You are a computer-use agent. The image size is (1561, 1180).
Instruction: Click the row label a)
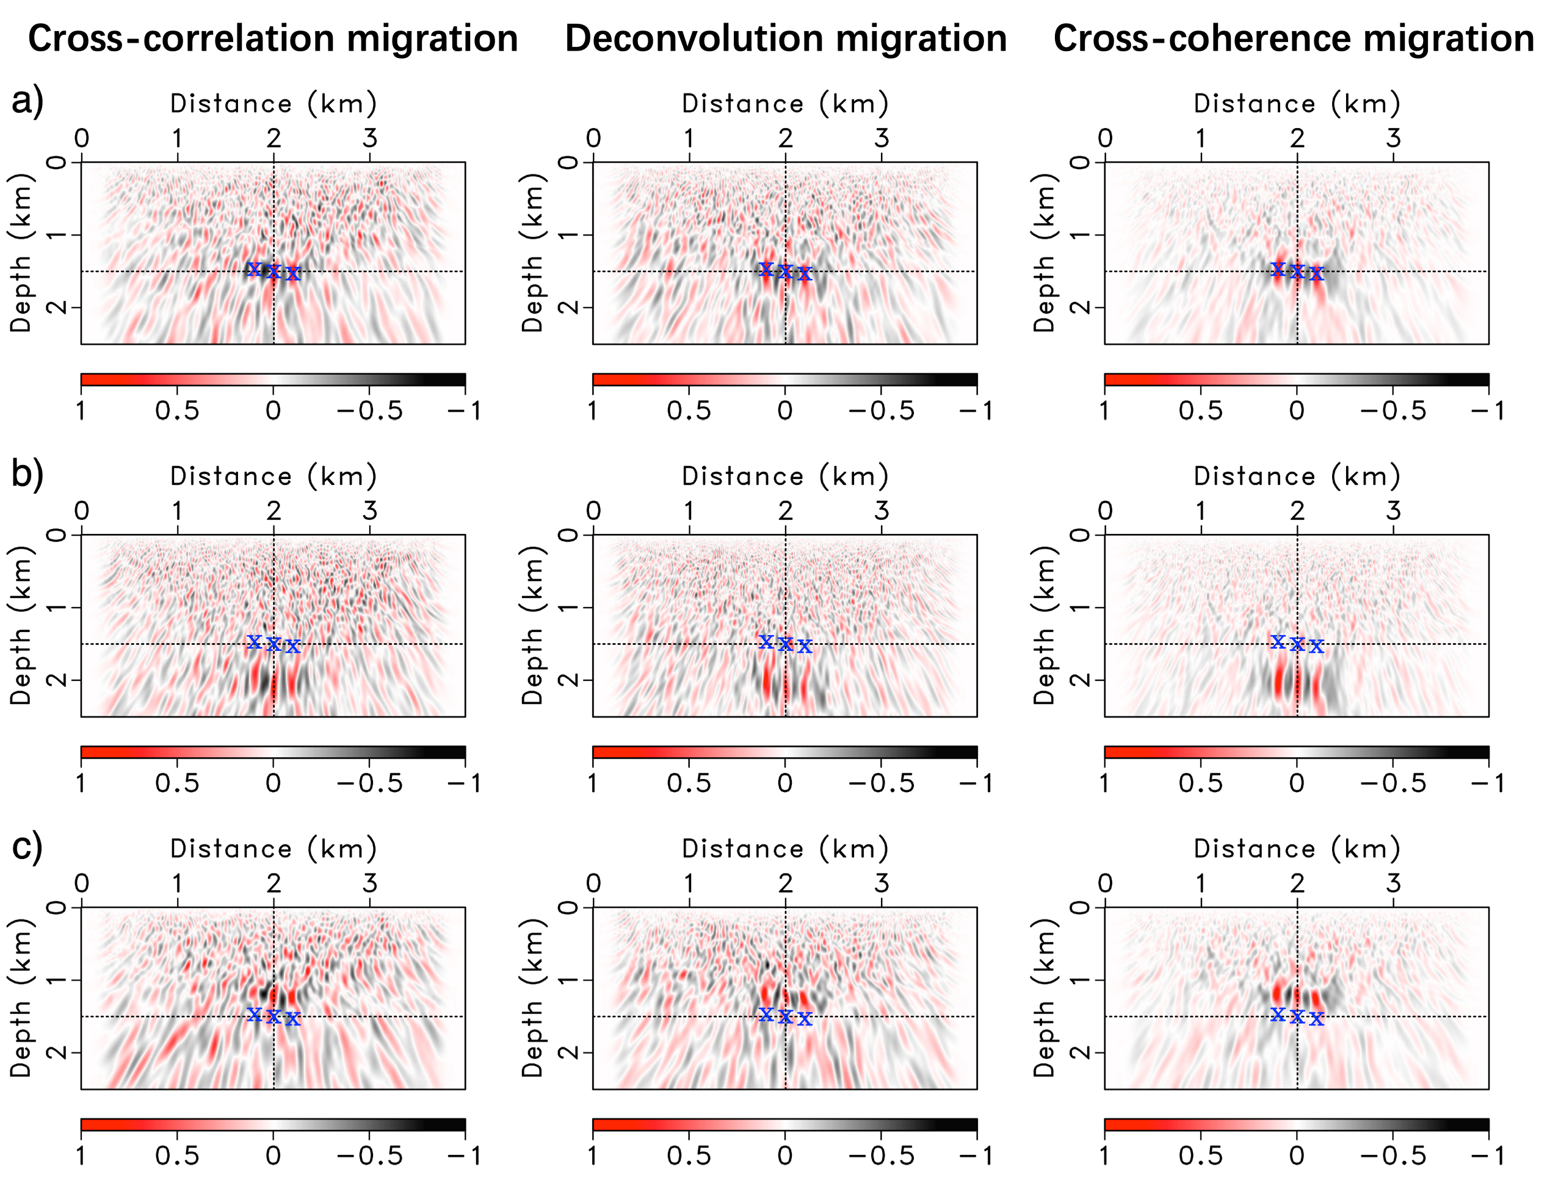click(x=27, y=101)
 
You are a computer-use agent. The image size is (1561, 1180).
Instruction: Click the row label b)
click(x=27, y=473)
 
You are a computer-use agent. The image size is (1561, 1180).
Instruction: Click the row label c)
click(x=27, y=846)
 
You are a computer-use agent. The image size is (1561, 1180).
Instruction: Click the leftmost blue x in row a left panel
click(x=255, y=268)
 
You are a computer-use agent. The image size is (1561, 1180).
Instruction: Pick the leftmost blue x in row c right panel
click(x=1278, y=1014)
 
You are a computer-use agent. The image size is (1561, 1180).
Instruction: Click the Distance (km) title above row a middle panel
click(x=784, y=104)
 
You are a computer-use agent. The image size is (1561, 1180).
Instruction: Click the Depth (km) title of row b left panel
click(x=21, y=625)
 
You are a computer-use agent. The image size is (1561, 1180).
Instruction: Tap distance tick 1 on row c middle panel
click(x=689, y=883)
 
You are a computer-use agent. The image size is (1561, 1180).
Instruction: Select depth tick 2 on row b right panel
click(x=1081, y=680)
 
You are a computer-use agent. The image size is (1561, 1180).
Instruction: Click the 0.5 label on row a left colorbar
click(x=177, y=411)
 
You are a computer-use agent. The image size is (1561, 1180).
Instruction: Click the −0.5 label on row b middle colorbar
click(x=882, y=783)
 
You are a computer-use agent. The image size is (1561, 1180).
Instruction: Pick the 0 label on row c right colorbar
click(x=1297, y=1156)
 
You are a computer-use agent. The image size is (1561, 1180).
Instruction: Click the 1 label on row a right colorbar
click(x=1104, y=411)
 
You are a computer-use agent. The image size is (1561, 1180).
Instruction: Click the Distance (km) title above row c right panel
click(x=1297, y=849)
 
